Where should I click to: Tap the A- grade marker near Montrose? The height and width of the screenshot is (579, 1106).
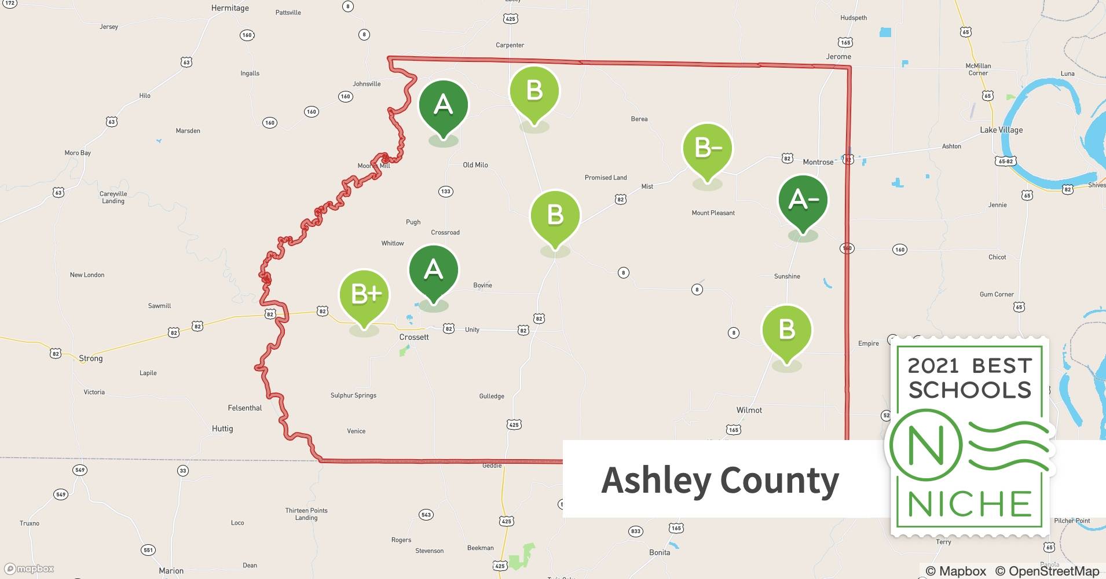pos(803,200)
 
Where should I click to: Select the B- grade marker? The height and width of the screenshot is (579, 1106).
pos(707,149)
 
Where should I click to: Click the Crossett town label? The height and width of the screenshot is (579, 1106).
pos(414,337)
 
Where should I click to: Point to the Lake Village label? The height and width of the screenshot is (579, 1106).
pos(1001,130)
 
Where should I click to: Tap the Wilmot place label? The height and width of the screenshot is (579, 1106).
pos(749,410)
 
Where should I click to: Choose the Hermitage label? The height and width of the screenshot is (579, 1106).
pos(230,8)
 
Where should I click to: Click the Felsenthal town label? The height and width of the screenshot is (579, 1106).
pos(245,408)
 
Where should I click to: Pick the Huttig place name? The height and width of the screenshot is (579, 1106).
pos(222,428)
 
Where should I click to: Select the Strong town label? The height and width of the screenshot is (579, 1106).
pos(90,358)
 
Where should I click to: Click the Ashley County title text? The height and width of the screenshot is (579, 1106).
pos(720,480)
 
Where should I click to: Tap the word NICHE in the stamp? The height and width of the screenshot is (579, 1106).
pos(970,504)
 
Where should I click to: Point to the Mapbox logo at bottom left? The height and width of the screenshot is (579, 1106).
pos(29,569)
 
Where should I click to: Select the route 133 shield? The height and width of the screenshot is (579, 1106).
pos(445,192)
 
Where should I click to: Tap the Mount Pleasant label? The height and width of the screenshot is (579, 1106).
pos(713,213)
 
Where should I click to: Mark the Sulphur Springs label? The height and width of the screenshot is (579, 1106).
pos(353,395)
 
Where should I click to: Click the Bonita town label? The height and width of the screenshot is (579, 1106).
pos(660,552)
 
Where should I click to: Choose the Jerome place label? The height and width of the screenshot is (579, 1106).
pos(838,57)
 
